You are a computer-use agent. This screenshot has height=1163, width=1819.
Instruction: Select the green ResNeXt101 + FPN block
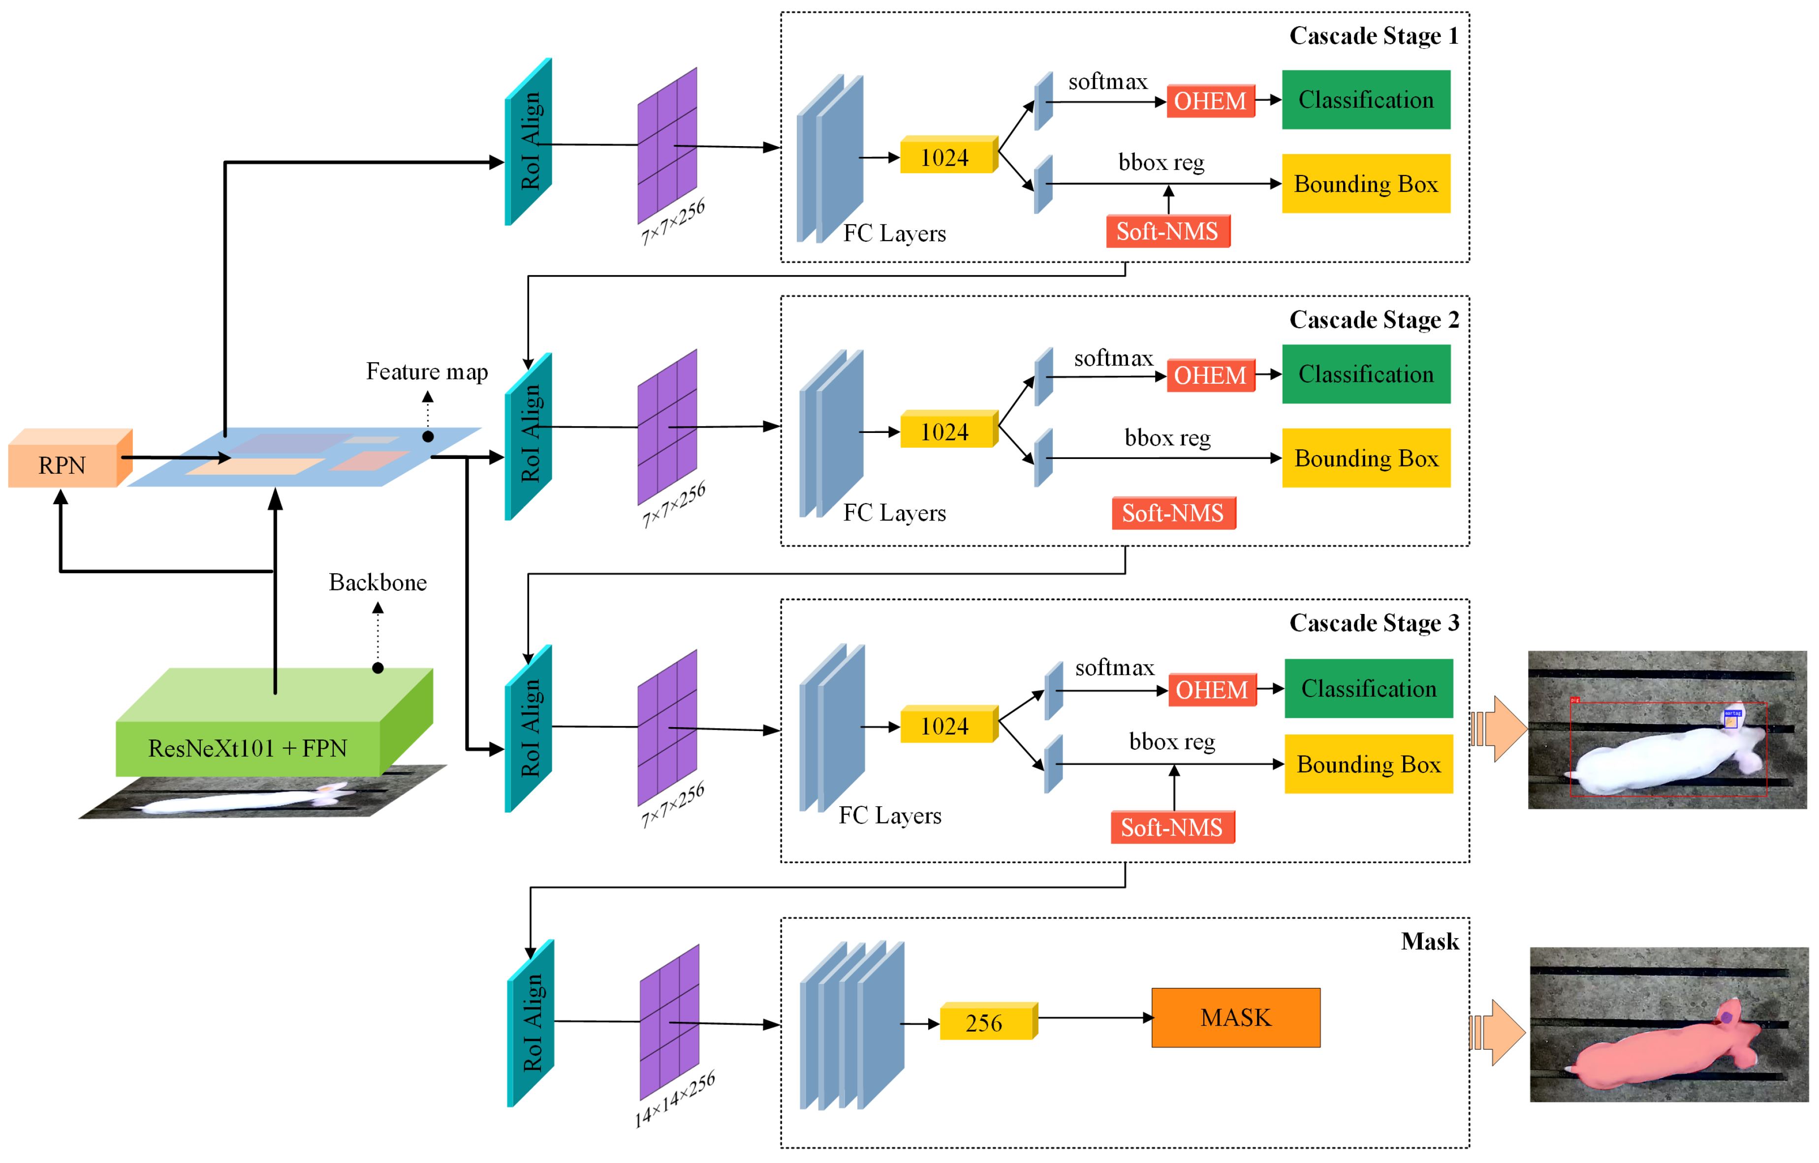point(248,748)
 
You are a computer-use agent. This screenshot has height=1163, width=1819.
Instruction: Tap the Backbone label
point(377,582)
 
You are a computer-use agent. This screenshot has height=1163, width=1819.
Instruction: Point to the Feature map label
point(427,371)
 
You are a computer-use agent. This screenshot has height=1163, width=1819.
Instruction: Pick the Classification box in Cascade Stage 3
point(1368,689)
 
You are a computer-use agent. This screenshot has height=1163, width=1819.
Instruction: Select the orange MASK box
point(1235,1017)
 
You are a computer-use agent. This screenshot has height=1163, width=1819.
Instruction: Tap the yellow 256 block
point(984,1022)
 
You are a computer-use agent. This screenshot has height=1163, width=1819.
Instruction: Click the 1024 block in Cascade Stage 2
point(945,432)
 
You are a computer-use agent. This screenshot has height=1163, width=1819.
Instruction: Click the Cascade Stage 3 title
point(1373,623)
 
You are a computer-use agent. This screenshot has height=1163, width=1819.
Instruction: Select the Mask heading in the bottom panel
point(1429,941)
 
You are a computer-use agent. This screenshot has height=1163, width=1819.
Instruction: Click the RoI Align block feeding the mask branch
point(531,1023)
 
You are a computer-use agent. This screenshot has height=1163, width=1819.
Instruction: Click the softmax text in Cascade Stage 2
point(1113,358)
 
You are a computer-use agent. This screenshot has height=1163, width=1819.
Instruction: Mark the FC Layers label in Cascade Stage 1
point(894,233)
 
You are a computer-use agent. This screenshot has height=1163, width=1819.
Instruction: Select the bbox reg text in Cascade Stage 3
point(1172,741)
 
